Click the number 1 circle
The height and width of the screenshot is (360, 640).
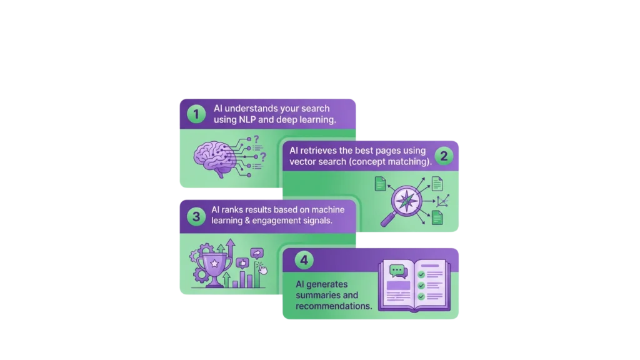click(x=196, y=114)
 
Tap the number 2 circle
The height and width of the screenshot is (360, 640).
click(x=444, y=156)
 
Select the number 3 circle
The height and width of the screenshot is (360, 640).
click(x=196, y=217)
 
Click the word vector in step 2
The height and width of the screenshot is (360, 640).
click(x=304, y=162)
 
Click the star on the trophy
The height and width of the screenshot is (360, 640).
click(x=214, y=264)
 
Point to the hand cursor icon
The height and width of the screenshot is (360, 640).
click(x=262, y=269)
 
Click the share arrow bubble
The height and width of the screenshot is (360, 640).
click(x=256, y=253)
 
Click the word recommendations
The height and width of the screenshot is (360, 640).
click(x=334, y=306)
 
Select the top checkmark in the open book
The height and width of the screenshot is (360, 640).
click(x=421, y=274)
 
